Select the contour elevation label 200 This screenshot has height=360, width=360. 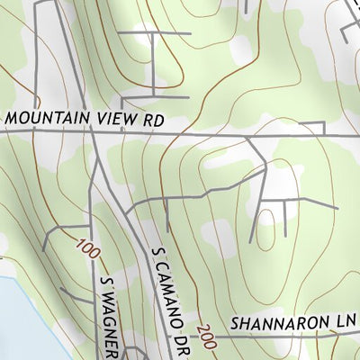203,333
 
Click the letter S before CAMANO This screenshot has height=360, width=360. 159,254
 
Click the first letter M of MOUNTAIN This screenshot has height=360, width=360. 10,117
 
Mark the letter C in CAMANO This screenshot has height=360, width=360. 163,267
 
